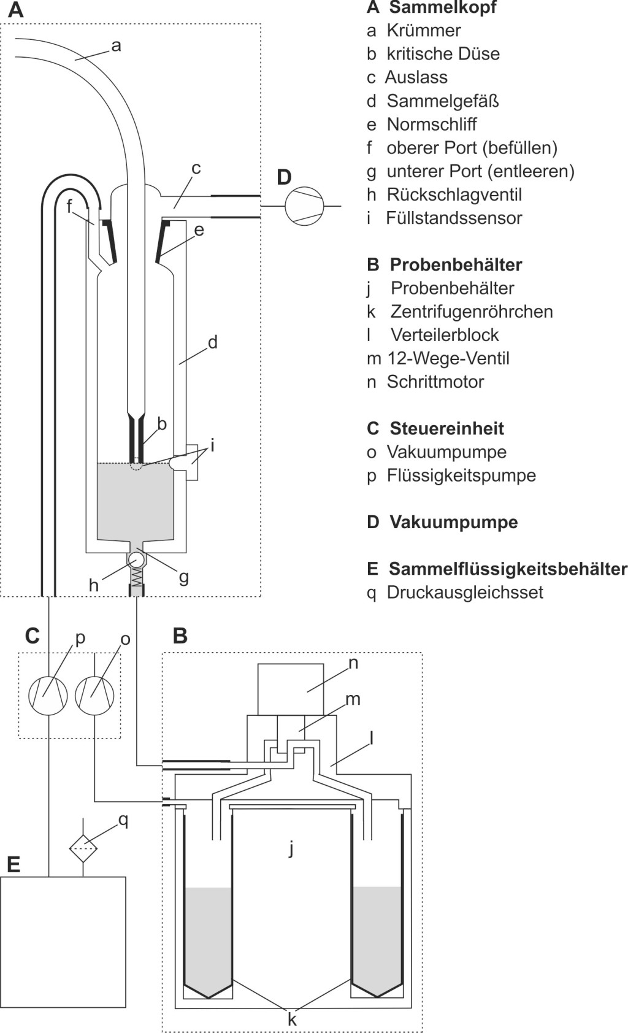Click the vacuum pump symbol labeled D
304,206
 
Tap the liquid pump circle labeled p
48,696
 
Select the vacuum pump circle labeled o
94,696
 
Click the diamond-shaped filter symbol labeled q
83,848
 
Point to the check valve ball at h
136,560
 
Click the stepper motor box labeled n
291,689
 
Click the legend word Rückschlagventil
454,194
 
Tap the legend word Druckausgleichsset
465,592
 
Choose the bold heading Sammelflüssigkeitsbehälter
508,569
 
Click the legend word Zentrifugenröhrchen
472,311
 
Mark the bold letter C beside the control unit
33,636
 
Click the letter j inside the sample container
291,848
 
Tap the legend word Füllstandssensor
454,218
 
